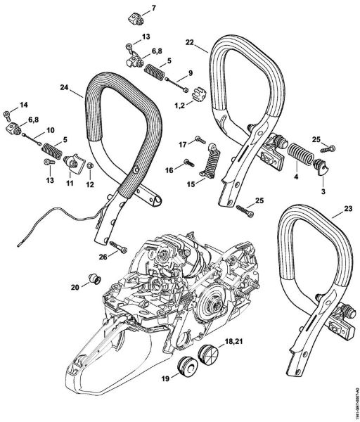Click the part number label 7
(155, 8)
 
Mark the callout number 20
(74, 286)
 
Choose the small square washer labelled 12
(89, 167)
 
